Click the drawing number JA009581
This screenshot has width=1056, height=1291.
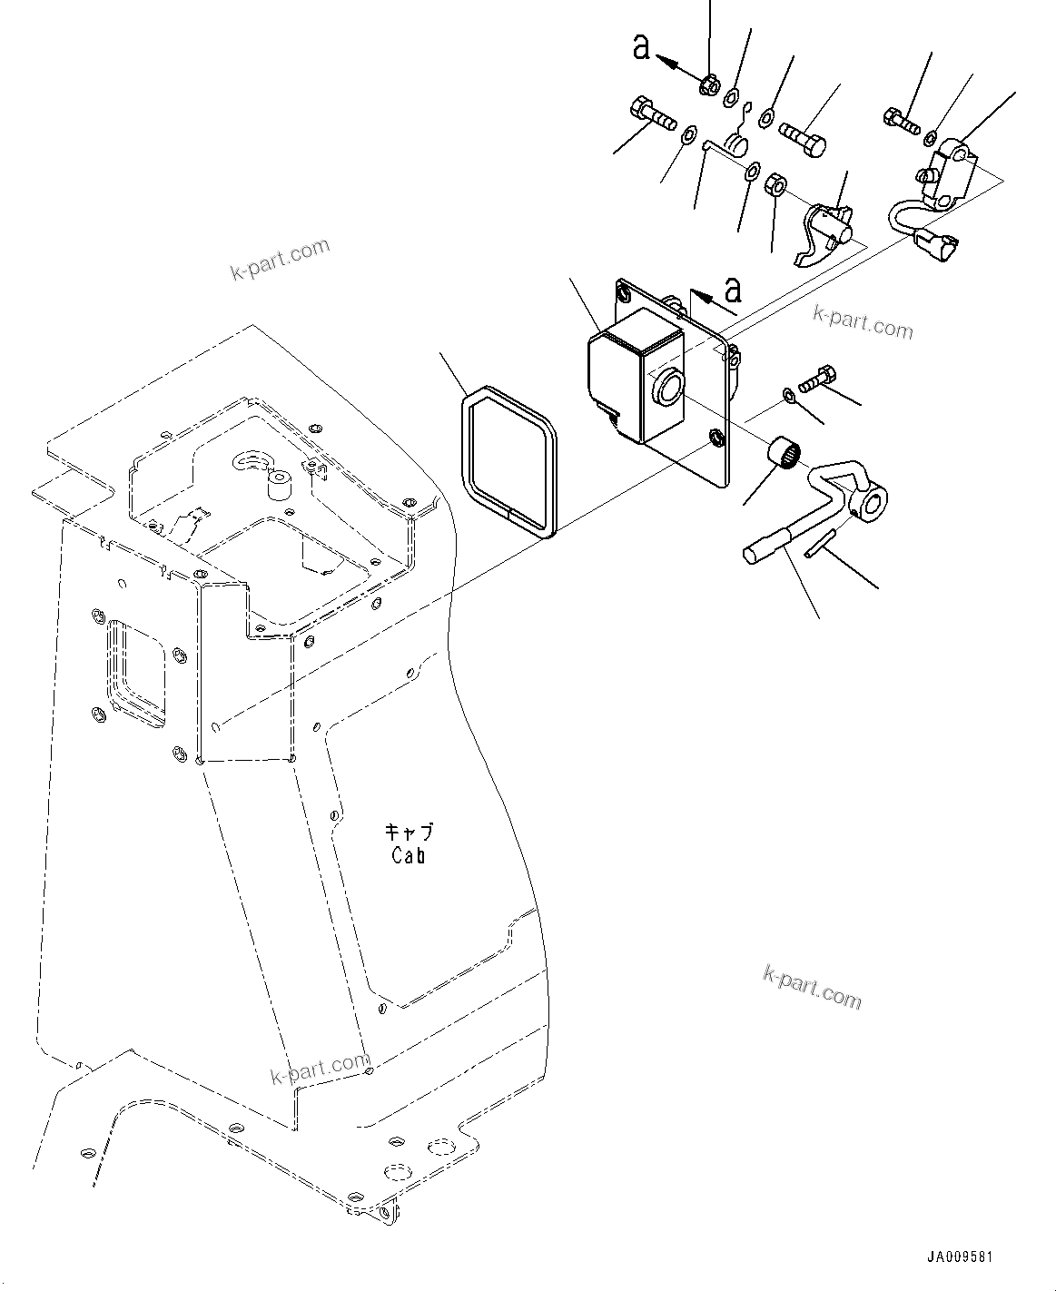[x=960, y=1257]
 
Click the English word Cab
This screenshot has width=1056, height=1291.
[x=409, y=855]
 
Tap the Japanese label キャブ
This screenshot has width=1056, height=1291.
[x=409, y=832]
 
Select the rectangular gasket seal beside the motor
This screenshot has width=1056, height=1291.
[x=507, y=462]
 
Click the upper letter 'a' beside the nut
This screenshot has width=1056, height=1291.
[x=642, y=48]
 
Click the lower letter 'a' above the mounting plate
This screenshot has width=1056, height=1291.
[x=733, y=291]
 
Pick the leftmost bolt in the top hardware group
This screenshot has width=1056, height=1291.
[x=651, y=115]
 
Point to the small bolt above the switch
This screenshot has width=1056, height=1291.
[x=900, y=118]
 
